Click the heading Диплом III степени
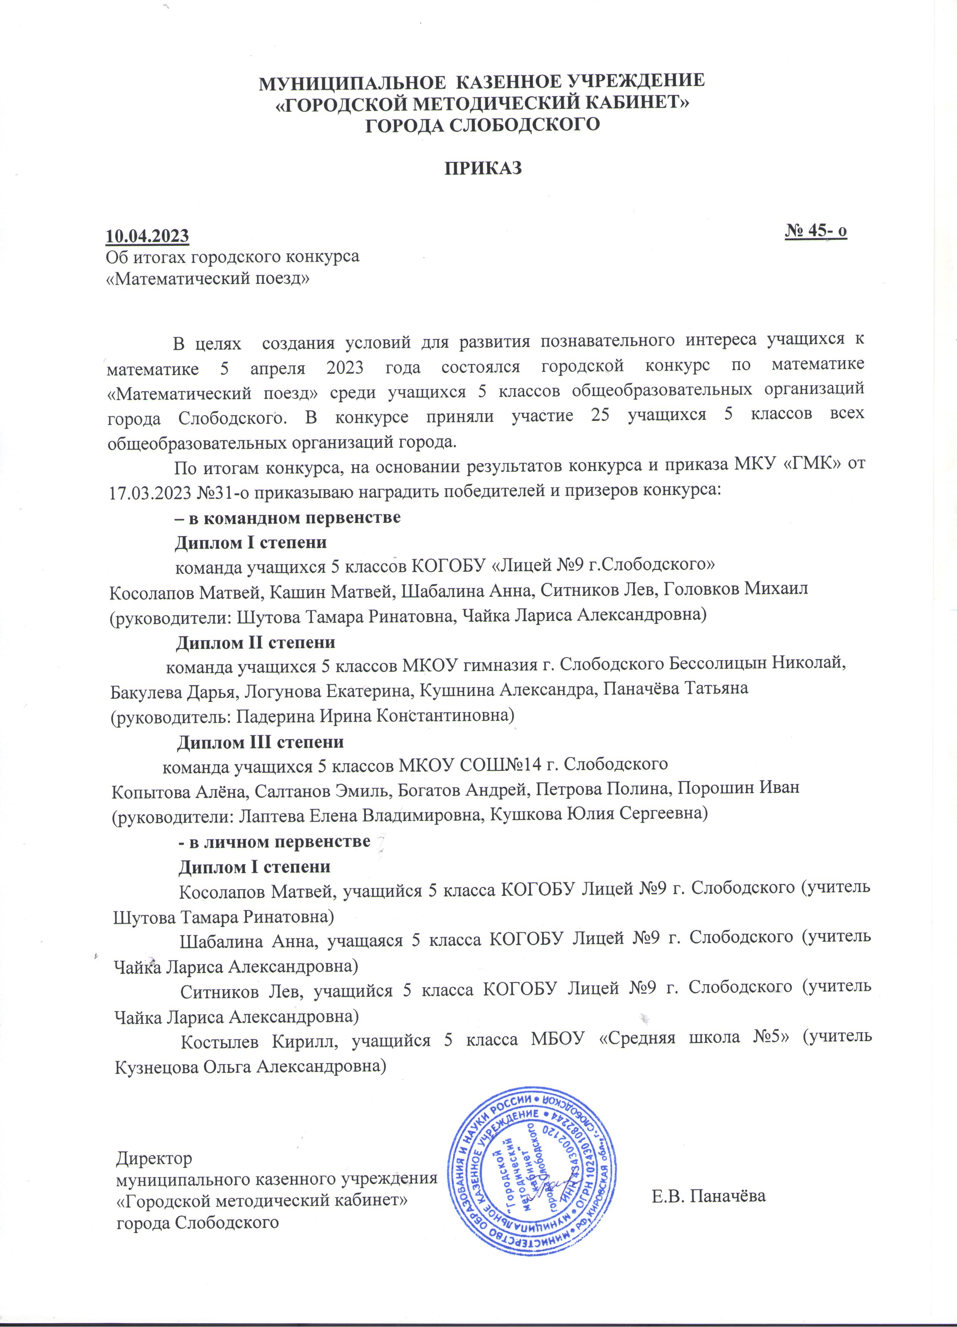coord(260,742)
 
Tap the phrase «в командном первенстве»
coord(288,518)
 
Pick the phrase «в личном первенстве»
coord(274,842)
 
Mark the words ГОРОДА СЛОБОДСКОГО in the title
coord(482,124)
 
